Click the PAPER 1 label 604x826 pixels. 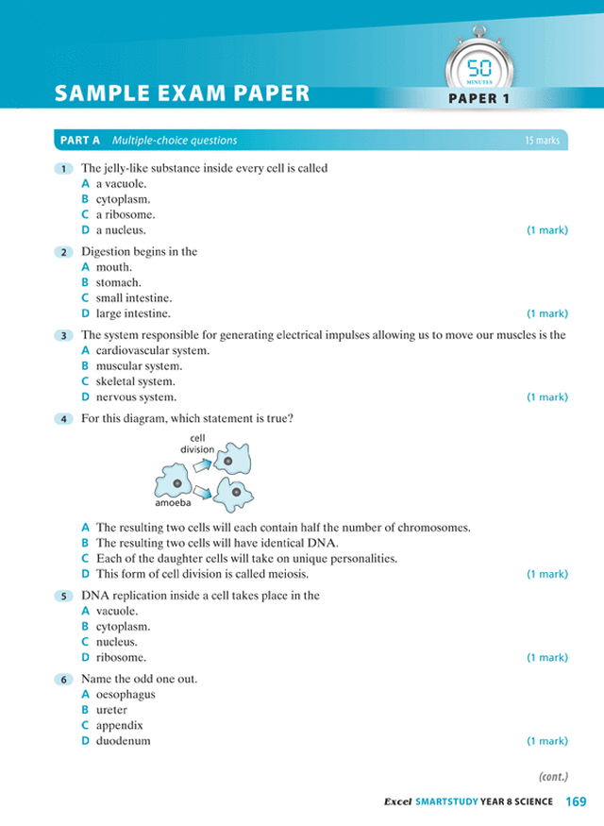coord(486,98)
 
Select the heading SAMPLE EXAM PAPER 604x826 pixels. coord(182,93)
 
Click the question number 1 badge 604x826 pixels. coord(62,169)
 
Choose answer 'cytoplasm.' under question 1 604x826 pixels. coord(123,199)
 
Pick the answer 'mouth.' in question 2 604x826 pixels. coord(114,267)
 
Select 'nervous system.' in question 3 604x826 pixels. coord(136,397)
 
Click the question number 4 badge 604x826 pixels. coord(62,419)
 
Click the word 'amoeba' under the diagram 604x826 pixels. coord(173,504)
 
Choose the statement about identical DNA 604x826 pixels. coord(217,543)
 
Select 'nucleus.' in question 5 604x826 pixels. coord(116,641)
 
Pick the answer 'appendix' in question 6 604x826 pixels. coord(119,725)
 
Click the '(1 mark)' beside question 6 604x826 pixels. coord(546,741)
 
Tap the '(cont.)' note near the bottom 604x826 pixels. coord(552,777)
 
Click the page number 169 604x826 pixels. coord(576,802)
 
